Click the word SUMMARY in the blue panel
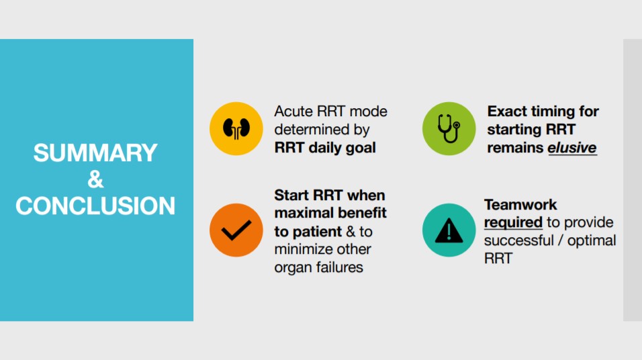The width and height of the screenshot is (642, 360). coord(95,153)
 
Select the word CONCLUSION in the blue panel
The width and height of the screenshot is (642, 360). coord(95,206)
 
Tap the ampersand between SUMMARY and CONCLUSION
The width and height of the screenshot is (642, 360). coord(95,179)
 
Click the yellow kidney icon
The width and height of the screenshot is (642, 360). coord(236,128)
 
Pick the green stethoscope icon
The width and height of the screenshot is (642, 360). coord(449,128)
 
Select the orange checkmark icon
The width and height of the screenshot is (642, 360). coord(236,230)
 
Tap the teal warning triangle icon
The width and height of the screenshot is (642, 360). coord(449,230)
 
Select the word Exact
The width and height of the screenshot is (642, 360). coord(507,111)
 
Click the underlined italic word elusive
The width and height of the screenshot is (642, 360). coord(572,148)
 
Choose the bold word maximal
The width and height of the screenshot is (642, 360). coord(302,214)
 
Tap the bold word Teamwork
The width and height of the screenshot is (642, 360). coord(520,204)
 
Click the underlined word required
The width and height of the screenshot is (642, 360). coord(513,222)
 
